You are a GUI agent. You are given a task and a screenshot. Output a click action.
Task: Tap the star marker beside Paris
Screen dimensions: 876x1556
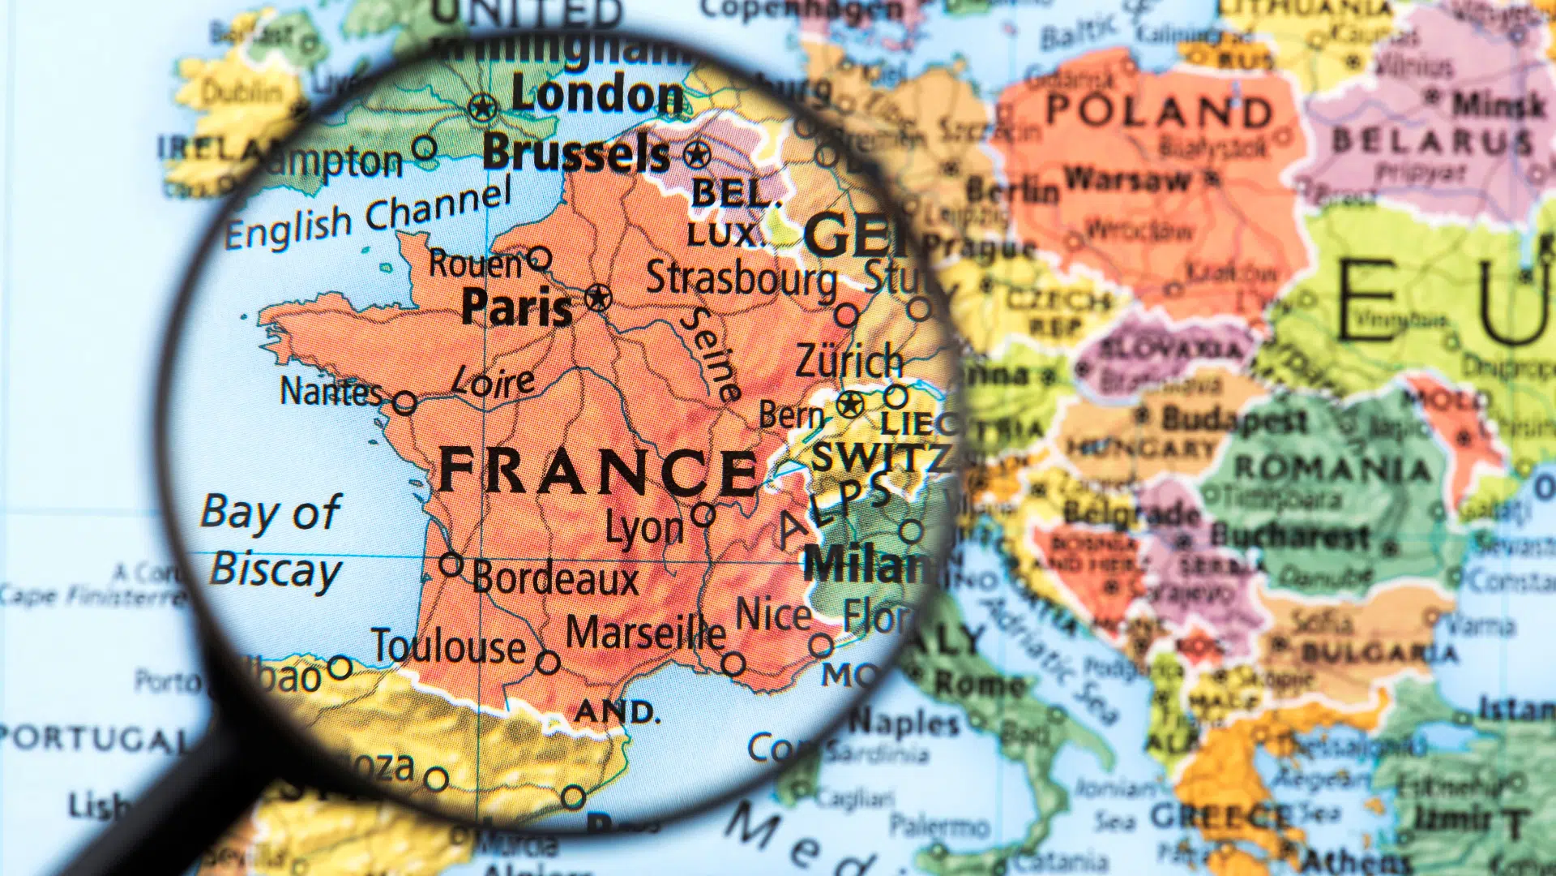(598, 298)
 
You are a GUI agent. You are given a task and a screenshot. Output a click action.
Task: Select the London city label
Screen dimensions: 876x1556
(598, 95)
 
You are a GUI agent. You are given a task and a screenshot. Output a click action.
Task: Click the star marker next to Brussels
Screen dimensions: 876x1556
(697, 154)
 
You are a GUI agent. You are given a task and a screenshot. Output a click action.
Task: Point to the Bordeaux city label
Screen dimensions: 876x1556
(556, 578)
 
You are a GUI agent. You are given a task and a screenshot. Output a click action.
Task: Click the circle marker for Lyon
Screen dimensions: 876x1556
(703, 513)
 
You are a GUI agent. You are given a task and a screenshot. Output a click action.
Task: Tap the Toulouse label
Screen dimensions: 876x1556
(449, 646)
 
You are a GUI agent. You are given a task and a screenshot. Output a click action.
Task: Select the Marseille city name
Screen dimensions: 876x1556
(645, 633)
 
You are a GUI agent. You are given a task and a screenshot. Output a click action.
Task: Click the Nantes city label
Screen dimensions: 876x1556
(331, 392)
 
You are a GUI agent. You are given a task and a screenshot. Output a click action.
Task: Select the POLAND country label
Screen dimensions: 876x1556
(1159, 110)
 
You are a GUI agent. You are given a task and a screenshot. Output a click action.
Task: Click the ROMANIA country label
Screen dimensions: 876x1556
(1332, 468)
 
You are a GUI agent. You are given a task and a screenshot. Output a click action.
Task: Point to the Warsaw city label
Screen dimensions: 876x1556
(1127, 179)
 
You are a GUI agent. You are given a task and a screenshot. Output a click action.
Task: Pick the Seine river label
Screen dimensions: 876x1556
(711, 354)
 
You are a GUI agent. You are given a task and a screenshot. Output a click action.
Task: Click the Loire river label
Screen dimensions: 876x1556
(493, 381)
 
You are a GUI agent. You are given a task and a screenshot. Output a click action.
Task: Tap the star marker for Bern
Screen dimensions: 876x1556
(850, 403)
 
